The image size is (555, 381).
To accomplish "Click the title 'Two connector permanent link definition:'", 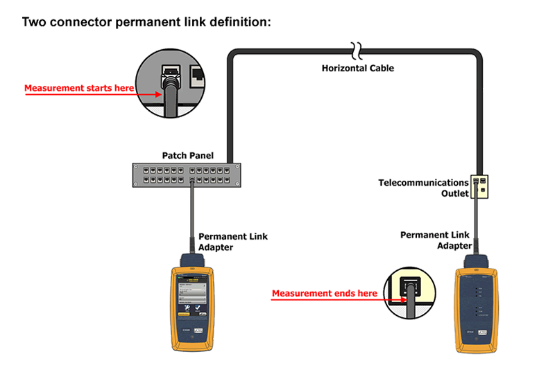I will click(146, 22).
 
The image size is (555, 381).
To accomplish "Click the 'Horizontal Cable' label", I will click(357, 68).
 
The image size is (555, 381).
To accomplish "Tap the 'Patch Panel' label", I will click(188, 156).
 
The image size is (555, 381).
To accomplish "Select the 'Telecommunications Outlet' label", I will click(423, 188).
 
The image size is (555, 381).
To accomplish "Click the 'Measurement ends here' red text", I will click(324, 294).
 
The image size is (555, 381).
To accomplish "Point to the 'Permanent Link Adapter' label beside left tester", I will click(232, 242).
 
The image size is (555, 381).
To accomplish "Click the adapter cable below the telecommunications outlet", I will click(478, 222).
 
